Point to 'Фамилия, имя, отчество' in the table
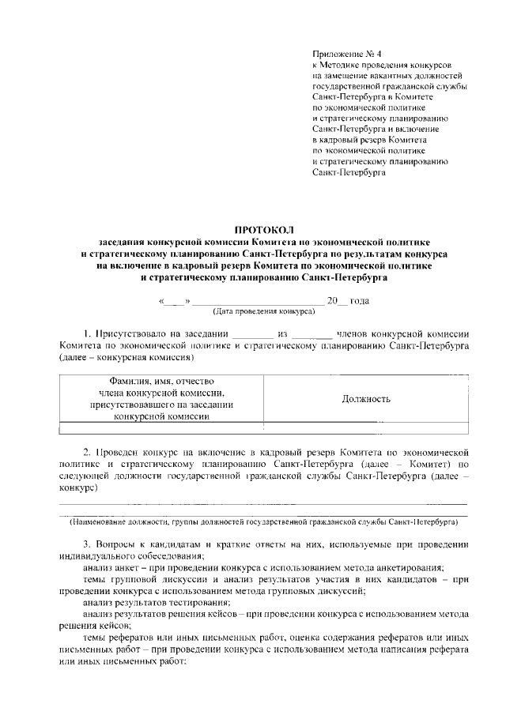point(161,382)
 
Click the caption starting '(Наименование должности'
point(264,523)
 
